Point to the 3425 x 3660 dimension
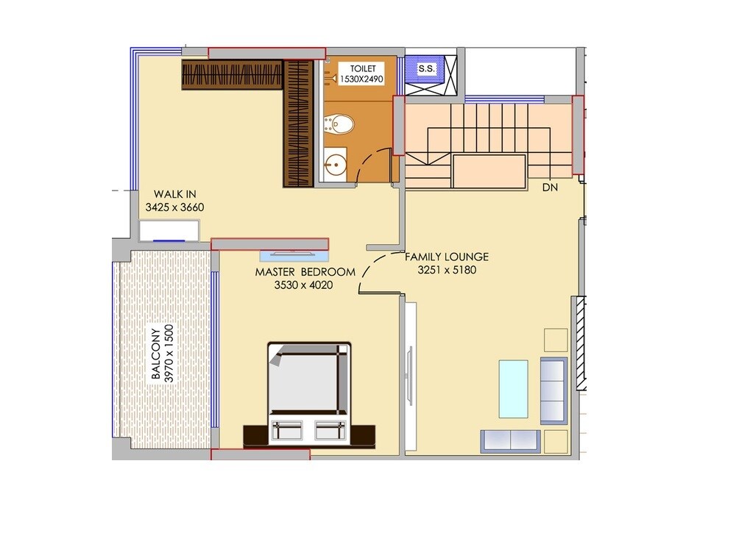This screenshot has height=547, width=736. pyautogui.click(x=174, y=207)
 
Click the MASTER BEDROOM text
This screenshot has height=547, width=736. pyautogui.click(x=305, y=271)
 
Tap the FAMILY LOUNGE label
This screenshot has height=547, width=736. pyautogui.click(x=447, y=257)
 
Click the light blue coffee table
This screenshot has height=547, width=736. pyautogui.click(x=513, y=388)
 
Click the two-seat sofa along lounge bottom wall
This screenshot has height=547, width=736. pyautogui.click(x=509, y=441)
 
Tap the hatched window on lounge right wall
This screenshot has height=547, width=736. pyautogui.click(x=580, y=342)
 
